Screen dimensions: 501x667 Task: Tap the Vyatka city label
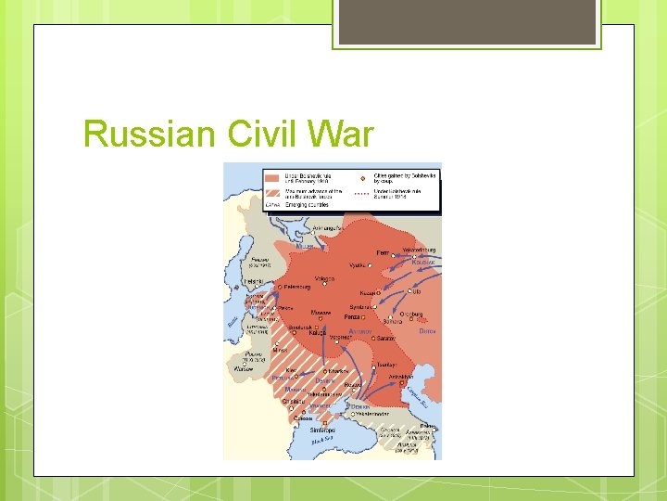point(358,265)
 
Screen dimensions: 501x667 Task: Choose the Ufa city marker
point(413,291)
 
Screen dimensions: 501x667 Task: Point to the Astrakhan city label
point(400,377)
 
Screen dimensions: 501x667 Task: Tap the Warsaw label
point(243,368)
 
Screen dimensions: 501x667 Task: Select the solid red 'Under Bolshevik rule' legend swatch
point(271,175)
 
